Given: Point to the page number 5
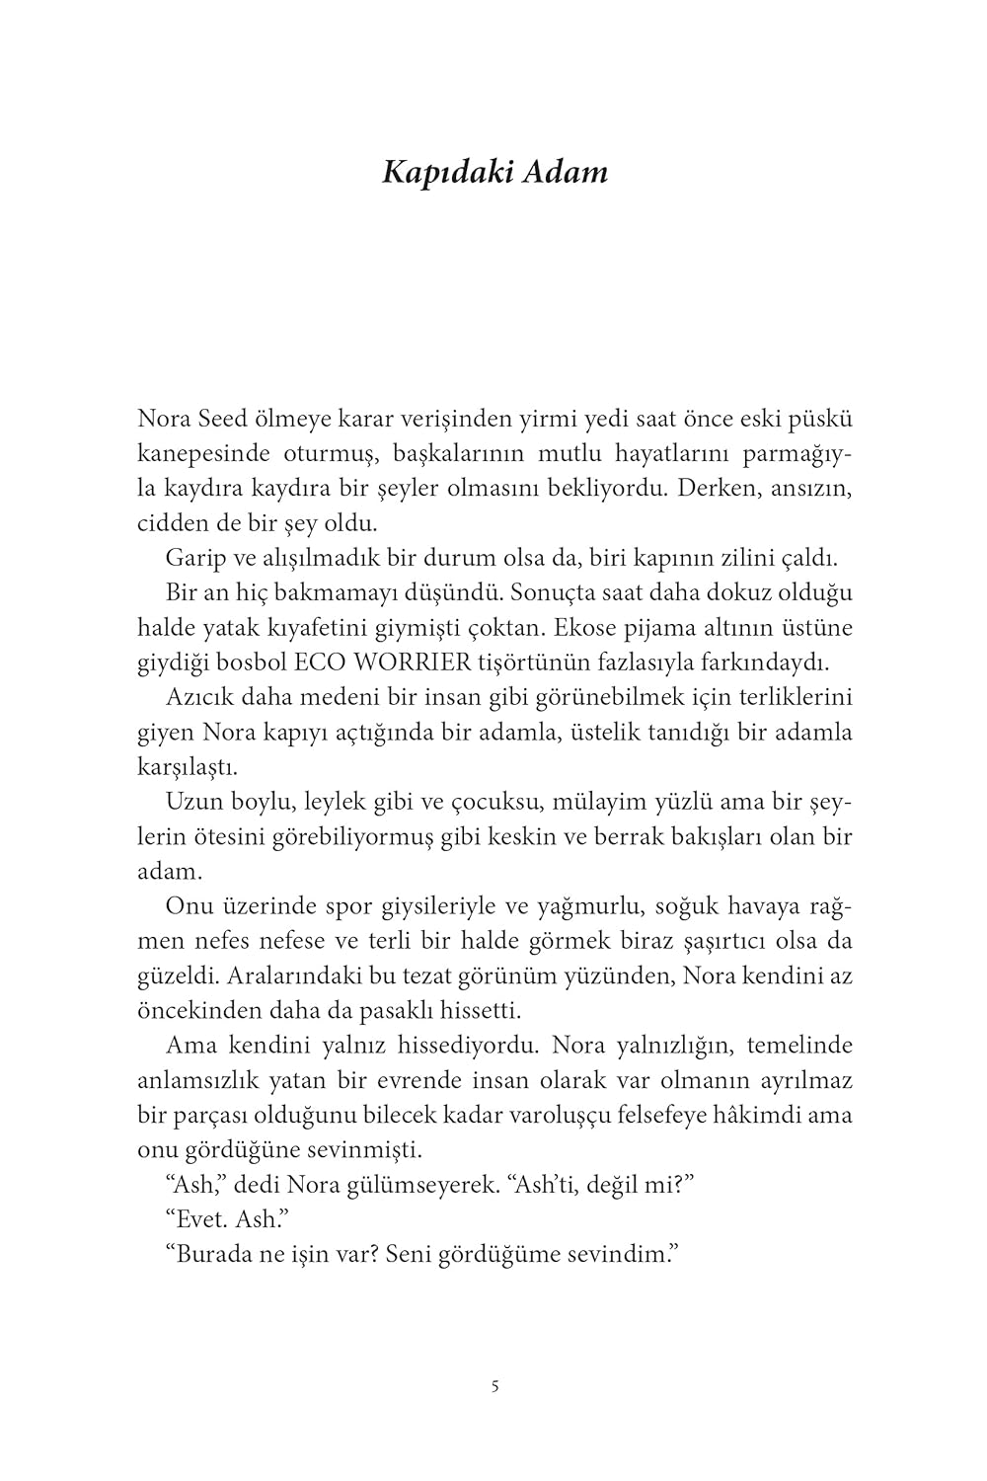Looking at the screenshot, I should click(x=494, y=1385).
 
